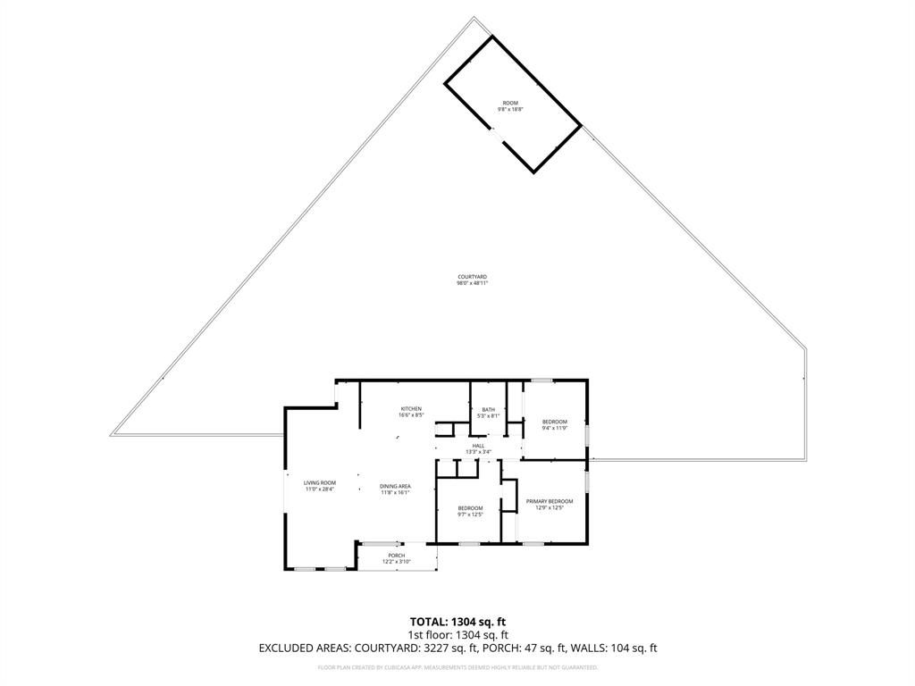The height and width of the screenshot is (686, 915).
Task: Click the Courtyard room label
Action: pyautogui.click(x=472, y=278)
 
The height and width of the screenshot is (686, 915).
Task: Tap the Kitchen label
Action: pyautogui.click(x=410, y=409)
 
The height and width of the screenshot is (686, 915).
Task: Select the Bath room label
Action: pyautogui.click(x=488, y=409)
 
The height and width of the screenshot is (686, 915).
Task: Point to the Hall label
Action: pyautogui.click(x=479, y=446)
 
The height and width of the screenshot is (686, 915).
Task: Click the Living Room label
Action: pyautogui.click(x=319, y=483)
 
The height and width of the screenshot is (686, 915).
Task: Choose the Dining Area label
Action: pyautogui.click(x=396, y=486)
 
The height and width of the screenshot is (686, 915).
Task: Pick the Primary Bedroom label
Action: pyautogui.click(x=550, y=501)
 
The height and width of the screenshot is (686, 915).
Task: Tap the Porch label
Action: pyautogui.click(x=396, y=556)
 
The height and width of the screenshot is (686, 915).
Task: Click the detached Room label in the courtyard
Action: pyautogui.click(x=510, y=103)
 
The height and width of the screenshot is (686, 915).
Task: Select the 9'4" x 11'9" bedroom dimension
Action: pyautogui.click(x=554, y=428)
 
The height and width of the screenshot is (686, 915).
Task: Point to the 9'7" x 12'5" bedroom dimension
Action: pyautogui.click(x=470, y=514)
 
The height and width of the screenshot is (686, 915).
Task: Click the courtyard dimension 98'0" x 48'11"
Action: pyautogui.click(x=472, y=283)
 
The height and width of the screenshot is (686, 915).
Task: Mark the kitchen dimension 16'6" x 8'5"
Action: pyautogui.click(x=410, y=415)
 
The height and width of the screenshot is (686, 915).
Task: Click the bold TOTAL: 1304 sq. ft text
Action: pyautogui.click(x=457, y=622)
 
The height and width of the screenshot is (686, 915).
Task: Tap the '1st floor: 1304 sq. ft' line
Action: pyautogui.click(x=457, y=635)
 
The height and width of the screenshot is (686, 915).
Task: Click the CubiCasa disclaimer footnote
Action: pyautogui.click(x=457, y=667)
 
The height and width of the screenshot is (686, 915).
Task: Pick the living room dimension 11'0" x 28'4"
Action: pyautogui.click(x=319, y=489)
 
